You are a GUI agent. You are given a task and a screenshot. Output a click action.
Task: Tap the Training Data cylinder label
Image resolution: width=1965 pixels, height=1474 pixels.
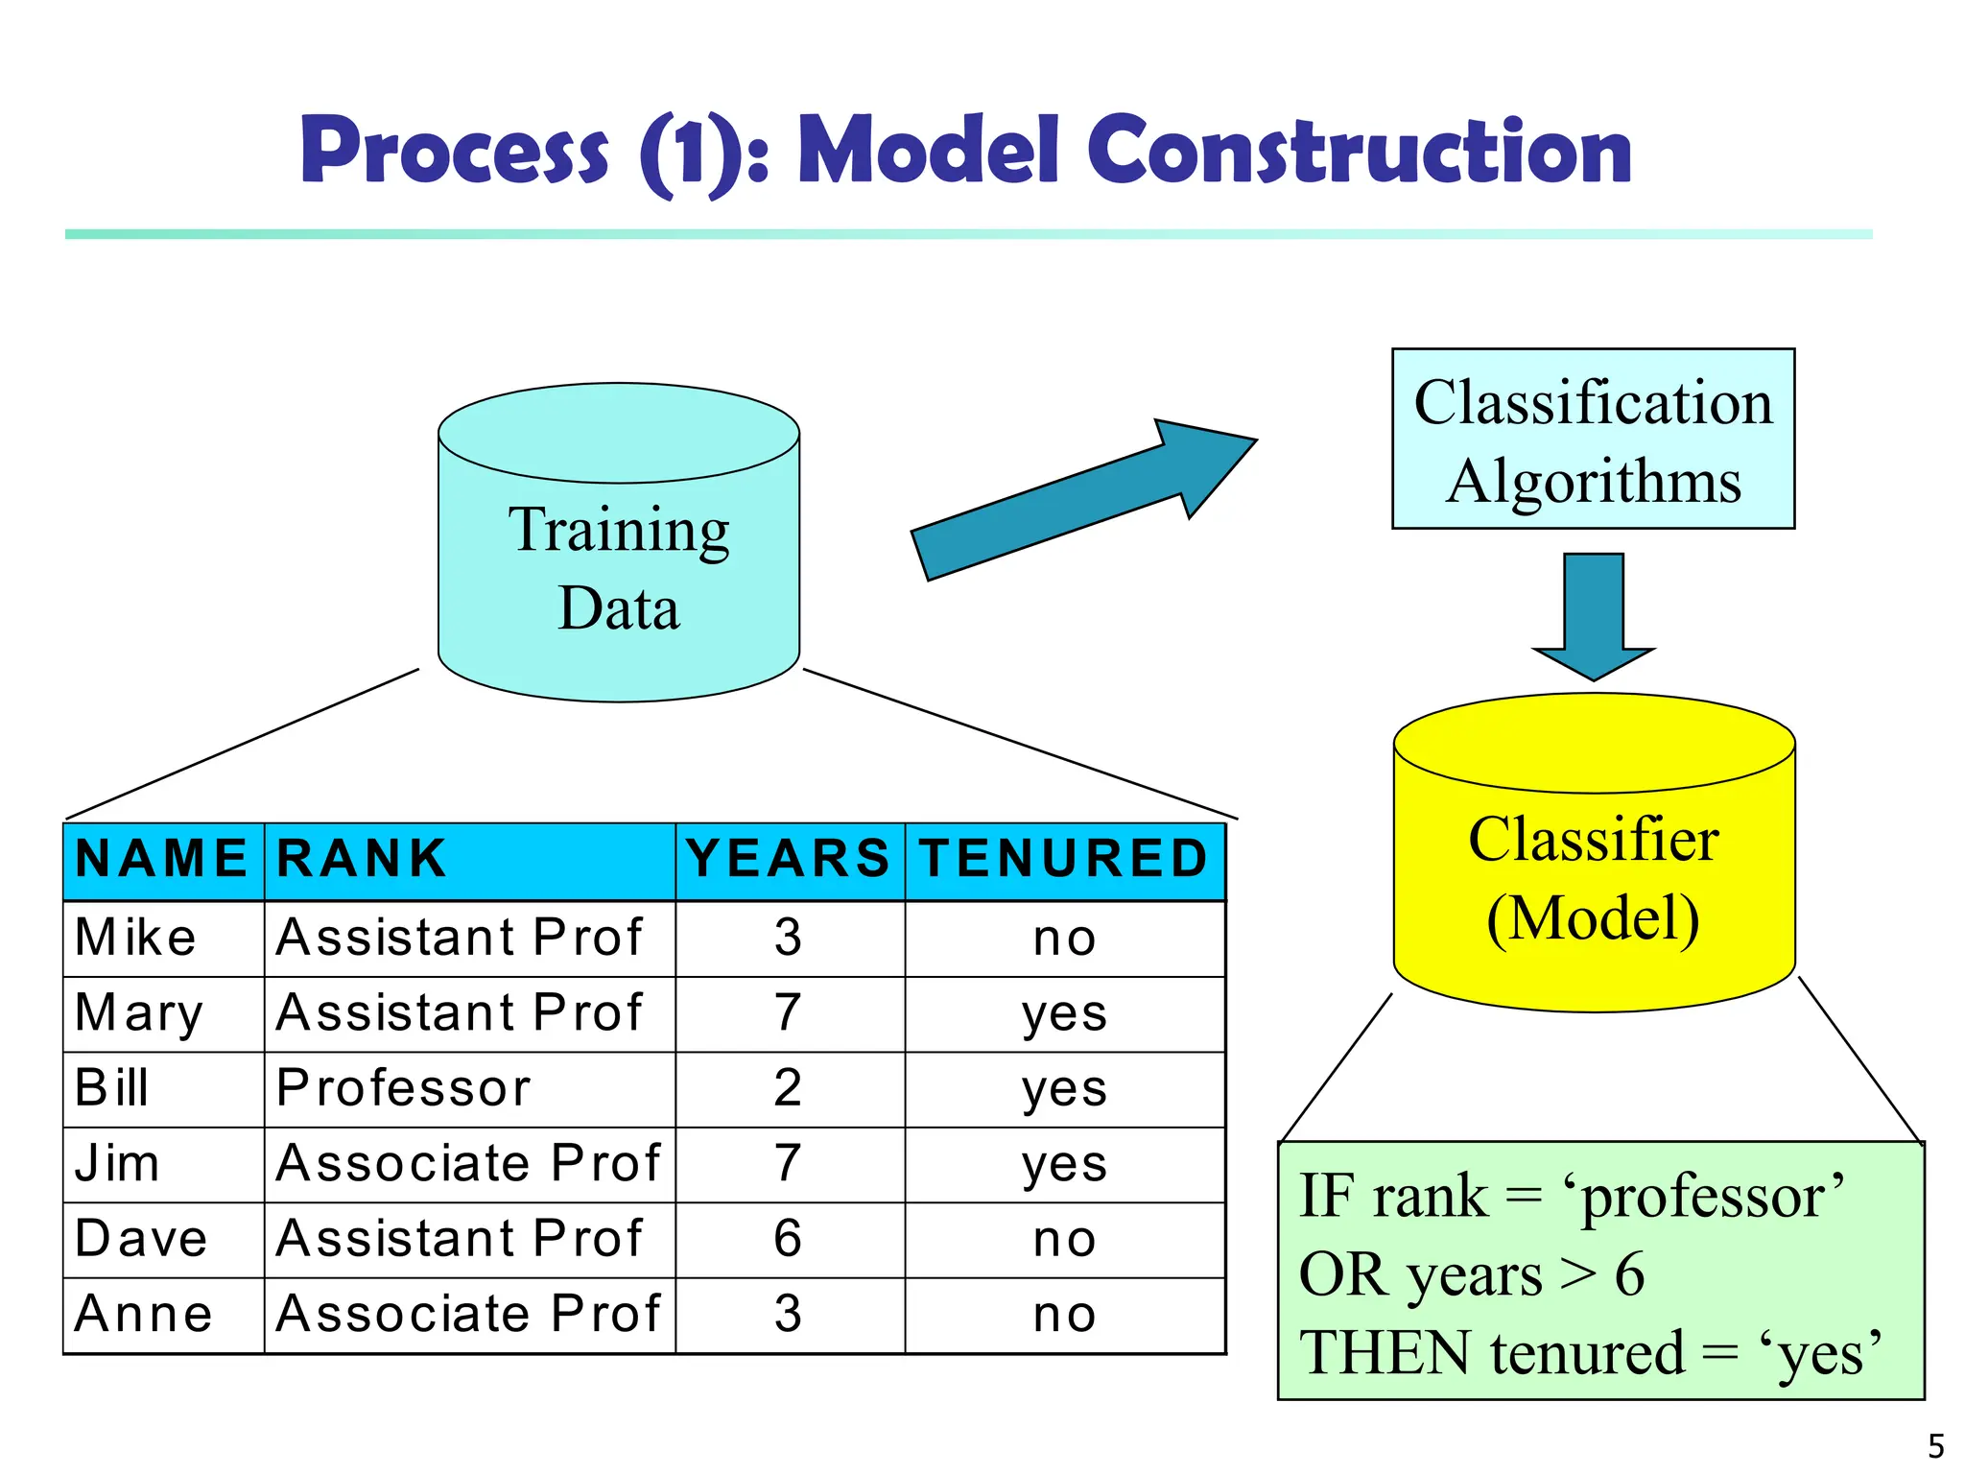click(619, 568)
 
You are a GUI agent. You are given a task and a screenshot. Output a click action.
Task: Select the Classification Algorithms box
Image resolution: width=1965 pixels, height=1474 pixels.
click(1593, 440)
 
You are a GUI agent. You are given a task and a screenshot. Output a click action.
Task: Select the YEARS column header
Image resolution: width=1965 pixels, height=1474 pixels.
click(789, 859)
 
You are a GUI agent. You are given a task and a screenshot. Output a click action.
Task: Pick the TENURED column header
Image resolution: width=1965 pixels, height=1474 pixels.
click(1063, 859)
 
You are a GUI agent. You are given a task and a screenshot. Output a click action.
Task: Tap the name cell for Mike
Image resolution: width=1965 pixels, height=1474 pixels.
click(136, 938)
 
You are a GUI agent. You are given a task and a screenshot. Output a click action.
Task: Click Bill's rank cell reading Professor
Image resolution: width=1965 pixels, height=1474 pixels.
click(403, 1088)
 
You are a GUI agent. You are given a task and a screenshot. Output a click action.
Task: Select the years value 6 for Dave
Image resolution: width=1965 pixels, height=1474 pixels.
click(788, 1239)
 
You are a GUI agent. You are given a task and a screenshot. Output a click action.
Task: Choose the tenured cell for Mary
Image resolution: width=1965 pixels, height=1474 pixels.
click(1064, 1014)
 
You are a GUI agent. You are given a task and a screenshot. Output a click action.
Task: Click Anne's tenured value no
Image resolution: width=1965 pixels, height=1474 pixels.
click(1064, 1315)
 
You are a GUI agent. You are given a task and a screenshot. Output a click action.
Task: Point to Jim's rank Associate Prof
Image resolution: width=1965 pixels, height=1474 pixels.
click(468, 1164)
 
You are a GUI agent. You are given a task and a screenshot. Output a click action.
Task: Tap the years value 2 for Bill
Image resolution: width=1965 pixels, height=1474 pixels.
click(788, 1088)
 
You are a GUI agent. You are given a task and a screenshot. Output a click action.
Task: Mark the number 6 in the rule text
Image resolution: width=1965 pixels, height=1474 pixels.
click(1629, 1275)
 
